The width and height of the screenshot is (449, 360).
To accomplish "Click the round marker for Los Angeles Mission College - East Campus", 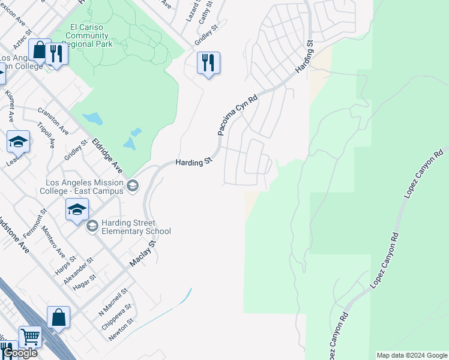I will coord(133,187).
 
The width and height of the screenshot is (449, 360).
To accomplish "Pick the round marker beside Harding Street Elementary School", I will coord(92,226).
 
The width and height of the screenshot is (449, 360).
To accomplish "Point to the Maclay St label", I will coord(143,254).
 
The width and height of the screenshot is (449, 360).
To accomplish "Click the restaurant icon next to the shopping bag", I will coord(56,53).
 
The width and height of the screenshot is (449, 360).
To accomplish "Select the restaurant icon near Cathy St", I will coord(208,62).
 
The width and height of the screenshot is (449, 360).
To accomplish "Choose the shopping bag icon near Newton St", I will coord(58,317).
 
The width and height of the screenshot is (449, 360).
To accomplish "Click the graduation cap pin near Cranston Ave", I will coord(18,142).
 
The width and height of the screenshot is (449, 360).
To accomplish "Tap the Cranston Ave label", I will coord(54,121).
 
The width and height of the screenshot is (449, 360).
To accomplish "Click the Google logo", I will coord(20,353).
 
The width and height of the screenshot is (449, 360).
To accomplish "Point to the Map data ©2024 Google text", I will coord(412,355).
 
